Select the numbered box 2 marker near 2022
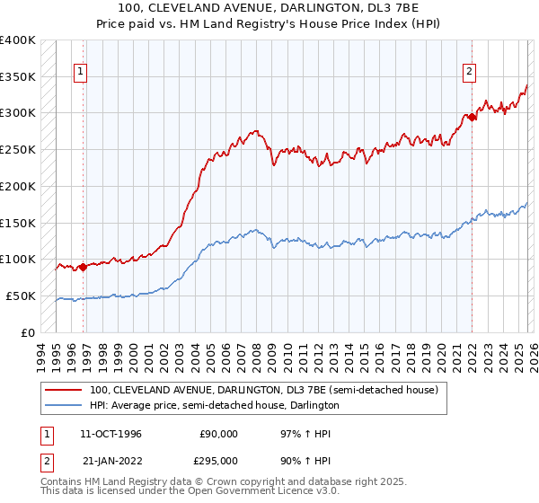(x=469, y=74)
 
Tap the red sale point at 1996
(x=83, y=267)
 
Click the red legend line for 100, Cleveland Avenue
(x=64, y=391)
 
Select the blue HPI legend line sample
(x=64, y=406)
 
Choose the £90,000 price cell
(x=219, y=434)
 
